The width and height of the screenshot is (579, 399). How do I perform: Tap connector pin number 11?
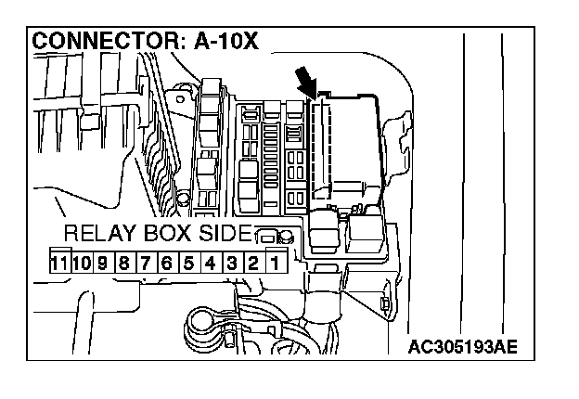coord(59,263)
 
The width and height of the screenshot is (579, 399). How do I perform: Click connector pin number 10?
coord(82,263)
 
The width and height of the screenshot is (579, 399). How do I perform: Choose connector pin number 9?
coord(103,263)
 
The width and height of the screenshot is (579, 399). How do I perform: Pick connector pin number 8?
coord(124,263)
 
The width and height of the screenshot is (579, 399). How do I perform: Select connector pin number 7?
coord(146,263)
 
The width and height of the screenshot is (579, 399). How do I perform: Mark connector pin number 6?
coord(167,263)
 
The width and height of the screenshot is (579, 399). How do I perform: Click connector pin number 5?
coord(188,263)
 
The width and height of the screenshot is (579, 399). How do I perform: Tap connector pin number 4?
coord(210,263)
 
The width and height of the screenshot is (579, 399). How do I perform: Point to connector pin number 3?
coord(231,263)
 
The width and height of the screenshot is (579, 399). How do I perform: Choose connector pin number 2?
coord(252,263)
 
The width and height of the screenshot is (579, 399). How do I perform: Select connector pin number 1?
coord(274,263)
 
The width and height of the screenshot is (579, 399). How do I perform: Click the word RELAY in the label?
coord(97,233)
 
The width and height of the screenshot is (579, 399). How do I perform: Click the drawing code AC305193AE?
coord(462,348)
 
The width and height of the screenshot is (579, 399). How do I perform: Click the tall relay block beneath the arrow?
coord(342,148)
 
